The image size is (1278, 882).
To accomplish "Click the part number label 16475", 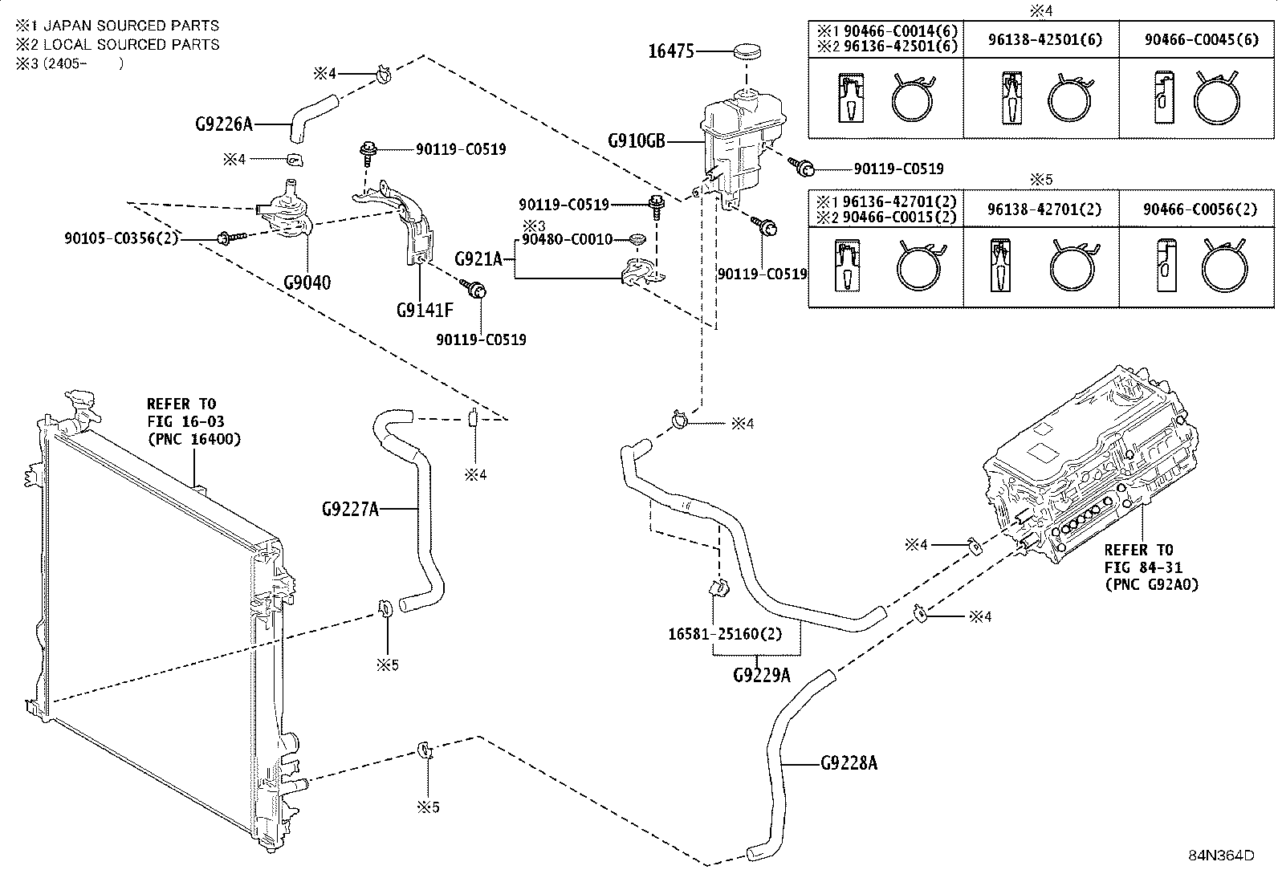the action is [x=671, y=51].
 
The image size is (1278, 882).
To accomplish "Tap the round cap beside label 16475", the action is [x=747, y=51].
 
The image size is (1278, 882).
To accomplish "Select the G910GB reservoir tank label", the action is [x=637, y=140].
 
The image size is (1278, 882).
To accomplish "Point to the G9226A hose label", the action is [x=224, y=124].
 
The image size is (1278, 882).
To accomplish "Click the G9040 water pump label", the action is [x=307, y=282].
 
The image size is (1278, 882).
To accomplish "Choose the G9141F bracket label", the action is [x=425, y=310].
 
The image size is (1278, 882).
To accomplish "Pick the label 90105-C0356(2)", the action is [x=121, y=238].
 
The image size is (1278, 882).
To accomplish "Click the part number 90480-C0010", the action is [x=567, y=239].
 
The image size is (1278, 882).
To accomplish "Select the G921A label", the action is [x=478, y=259].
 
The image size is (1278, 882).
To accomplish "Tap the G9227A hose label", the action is [x=350, y=508].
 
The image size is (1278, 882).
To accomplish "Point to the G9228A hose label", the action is [x=849, y=762].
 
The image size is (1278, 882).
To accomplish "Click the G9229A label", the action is [x=762, y=675].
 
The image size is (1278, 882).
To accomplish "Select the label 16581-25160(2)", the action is [x=725, y=634].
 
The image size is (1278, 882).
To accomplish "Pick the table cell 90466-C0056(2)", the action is [x=1200, y=209].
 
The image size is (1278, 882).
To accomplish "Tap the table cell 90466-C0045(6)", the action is [x=1202, y=39].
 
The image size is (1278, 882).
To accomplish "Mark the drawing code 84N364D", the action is [x=1222, y=856].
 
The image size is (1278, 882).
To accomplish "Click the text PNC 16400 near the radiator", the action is [x=194, y=439].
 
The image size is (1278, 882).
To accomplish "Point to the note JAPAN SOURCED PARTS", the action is [x=131, y=26].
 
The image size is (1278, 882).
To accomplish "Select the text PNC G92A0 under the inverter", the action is [x=1151, y=584].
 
